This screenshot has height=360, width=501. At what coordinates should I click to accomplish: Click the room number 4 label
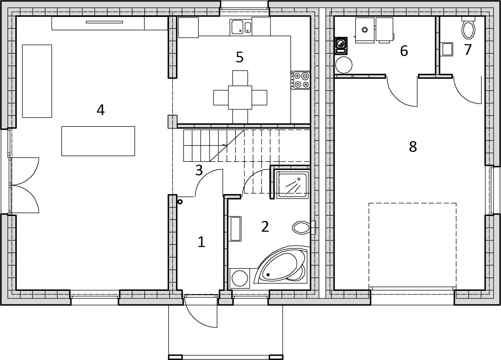click(x=100, y=110)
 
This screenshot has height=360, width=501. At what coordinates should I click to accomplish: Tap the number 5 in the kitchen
click(x=239, y=57)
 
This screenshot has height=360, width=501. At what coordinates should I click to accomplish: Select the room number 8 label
click(x=413, y=146)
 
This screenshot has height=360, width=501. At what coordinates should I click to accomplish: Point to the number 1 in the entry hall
click(x=201, y=242)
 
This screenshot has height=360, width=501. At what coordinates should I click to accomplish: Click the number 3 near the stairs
click(x=199, y=170)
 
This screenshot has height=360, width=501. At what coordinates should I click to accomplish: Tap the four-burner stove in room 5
click(x=301, y=80)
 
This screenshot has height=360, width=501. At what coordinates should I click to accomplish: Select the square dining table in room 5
click(x=240, y=98)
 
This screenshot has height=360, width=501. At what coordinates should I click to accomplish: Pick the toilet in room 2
click(x=302, y=227)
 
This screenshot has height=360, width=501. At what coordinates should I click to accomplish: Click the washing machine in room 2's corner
click(x=240, y=278)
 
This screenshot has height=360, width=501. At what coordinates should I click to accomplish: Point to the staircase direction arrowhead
click(x=224, y=145)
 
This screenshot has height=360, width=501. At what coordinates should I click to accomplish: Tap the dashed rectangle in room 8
click(x=412, y=245)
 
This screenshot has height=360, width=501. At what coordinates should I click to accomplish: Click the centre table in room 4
click(x=98, y=141)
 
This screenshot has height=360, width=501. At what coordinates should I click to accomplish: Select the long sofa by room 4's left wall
click(x=37, y=81)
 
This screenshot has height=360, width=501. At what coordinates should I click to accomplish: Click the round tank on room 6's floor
click(x=344, y=65)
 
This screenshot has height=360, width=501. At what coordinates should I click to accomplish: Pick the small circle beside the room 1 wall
click(x=180, y=202)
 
